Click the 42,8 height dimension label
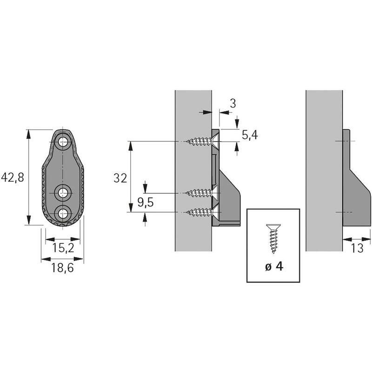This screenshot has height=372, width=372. pos(13,178)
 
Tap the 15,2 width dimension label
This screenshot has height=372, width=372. pos(63,248)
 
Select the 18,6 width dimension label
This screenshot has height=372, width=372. pos(63,268)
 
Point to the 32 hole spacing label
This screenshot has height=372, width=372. pos(120,178)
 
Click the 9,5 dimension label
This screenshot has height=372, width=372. pos(146,202)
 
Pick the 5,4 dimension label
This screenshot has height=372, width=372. pos(250,135)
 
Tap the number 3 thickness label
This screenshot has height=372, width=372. pos(233,104)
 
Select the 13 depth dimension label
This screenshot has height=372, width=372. pos(357,248)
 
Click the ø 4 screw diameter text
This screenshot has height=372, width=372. pos(274,266)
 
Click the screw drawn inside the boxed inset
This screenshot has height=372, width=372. pos(273,239)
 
